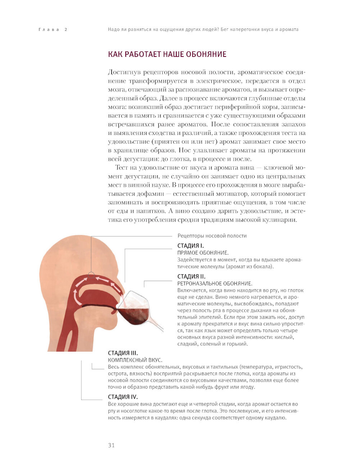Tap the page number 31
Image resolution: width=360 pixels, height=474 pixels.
point(111,445)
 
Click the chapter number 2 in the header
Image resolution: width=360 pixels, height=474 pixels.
point(66,30)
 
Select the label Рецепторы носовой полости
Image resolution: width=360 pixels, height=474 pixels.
point(212,236)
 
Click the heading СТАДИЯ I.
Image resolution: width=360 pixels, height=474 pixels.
point(190,245)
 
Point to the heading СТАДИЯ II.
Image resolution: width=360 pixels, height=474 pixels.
point(191,276)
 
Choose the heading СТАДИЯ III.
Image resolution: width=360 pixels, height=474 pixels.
point(123,353)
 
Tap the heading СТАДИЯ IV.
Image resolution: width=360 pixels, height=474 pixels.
point(123,397)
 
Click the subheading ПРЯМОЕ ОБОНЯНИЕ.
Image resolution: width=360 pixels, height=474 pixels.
point(203,253)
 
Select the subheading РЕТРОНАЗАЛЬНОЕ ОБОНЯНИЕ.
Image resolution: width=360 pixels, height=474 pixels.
point(215,284)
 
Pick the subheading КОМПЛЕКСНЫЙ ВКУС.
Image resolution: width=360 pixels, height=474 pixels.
point(135,360)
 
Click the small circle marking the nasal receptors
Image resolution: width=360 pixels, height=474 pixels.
point(91,274)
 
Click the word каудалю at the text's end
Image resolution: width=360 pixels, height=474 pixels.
point(276,418)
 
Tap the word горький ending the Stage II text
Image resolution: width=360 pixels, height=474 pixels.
point(237,344)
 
